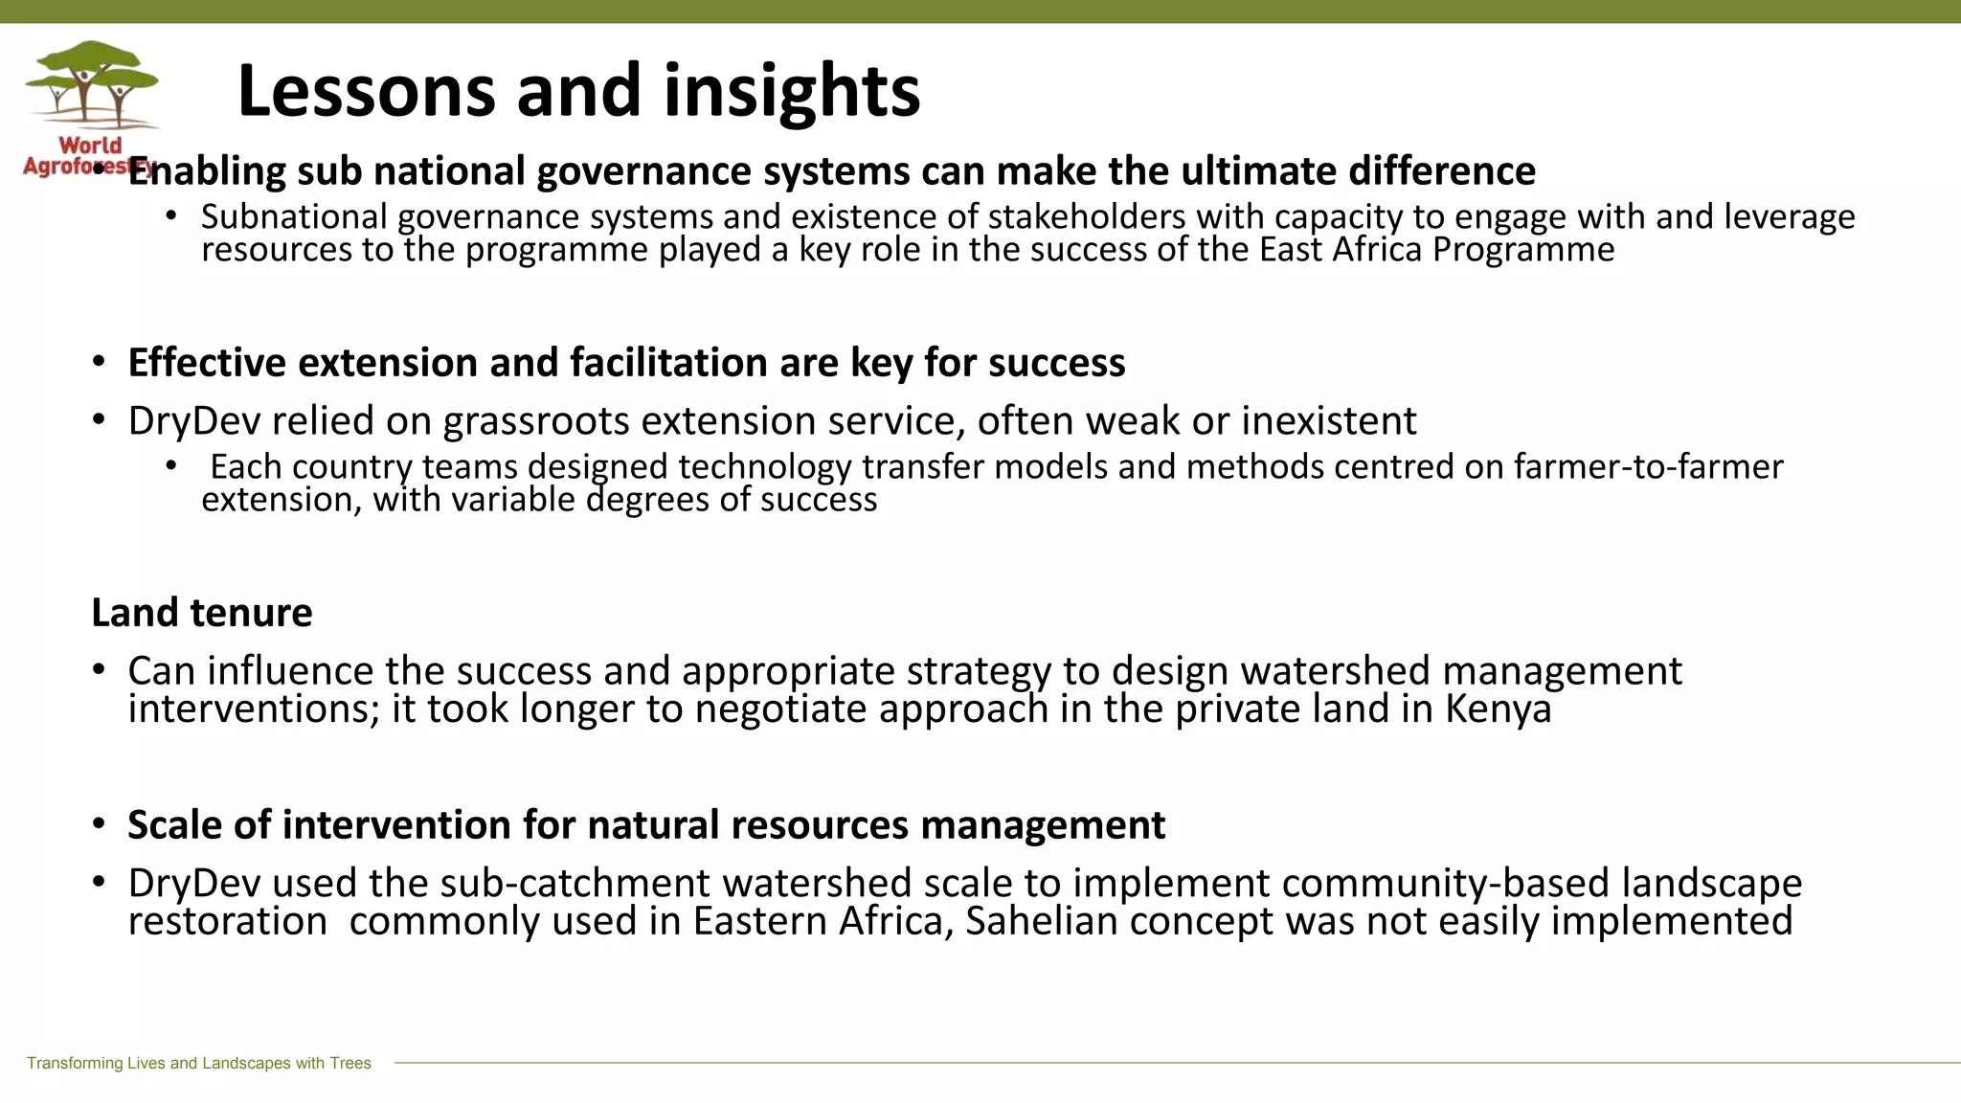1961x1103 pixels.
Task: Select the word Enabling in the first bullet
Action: pyautogui.click(x=207, y=171)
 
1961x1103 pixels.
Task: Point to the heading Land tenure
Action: pyautogui.click(x=202, y=613)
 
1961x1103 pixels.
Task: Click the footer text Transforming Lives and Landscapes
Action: pyautogui.click(x=198, y=1063)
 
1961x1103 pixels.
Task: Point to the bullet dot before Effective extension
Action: pyautogui.click(x=99, y=363)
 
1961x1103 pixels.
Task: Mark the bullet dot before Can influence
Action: pyautogui.click(x=99, y=669)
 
